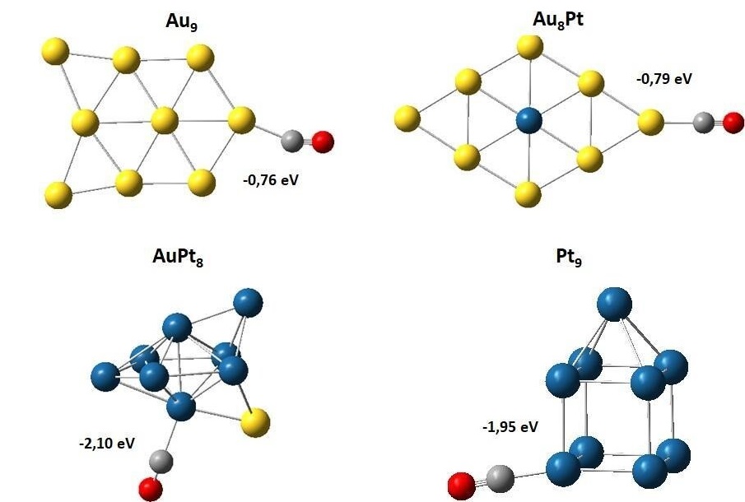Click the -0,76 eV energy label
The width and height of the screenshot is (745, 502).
[271, 178]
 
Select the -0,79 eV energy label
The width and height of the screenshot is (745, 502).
[664, 80]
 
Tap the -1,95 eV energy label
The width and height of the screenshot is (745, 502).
[510, 426]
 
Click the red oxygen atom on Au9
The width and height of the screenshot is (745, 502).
[323, 142]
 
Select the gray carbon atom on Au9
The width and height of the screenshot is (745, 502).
[292, 141]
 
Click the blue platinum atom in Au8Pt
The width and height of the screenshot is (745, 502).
[528, 123]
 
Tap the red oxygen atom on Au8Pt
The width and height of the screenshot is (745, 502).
[732, 123]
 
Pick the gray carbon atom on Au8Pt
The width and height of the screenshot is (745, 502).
[702, 123]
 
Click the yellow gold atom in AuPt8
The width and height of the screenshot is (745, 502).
[256, 423]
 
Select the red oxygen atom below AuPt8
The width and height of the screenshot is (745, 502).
[151, 490]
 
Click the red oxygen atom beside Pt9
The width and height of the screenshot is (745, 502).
[462, 486]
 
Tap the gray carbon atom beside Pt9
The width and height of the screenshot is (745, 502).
[499, 477]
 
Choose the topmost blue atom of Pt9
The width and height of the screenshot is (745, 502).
[614, 304]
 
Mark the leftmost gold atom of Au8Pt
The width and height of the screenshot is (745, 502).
[407, 119]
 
